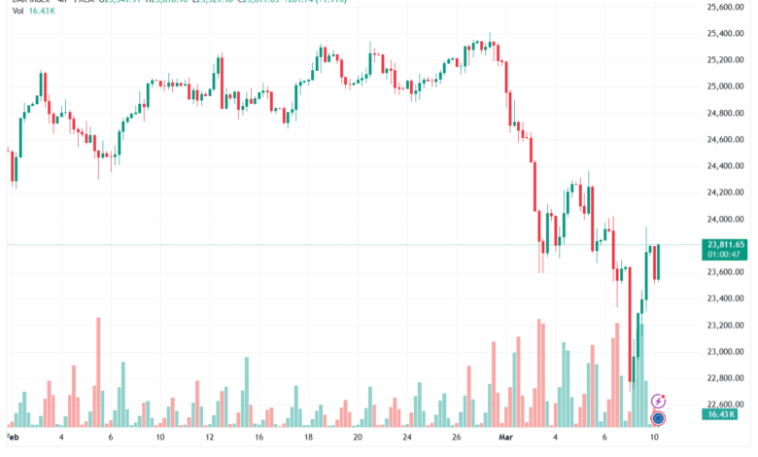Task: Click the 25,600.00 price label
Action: [x=725, y=7]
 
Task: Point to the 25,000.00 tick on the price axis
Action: [x=725, y=87]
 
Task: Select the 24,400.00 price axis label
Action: [x=725, y=166]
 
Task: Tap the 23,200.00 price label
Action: [x=725, y=325]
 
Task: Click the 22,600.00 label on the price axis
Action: [x=725, y=404]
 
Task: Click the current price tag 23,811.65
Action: [x=726, y=244]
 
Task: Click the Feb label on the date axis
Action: [x=11, y=439]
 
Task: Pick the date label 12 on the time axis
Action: [x=209, y=439]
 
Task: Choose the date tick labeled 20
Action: [x=358, y=439]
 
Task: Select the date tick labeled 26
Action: [x=456, y=439]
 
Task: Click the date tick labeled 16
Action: [x=258, y=439]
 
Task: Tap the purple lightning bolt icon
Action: [x=658, y=401]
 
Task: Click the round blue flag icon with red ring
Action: [x=658, y=418]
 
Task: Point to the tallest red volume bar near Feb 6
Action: [x=98, y=371]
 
